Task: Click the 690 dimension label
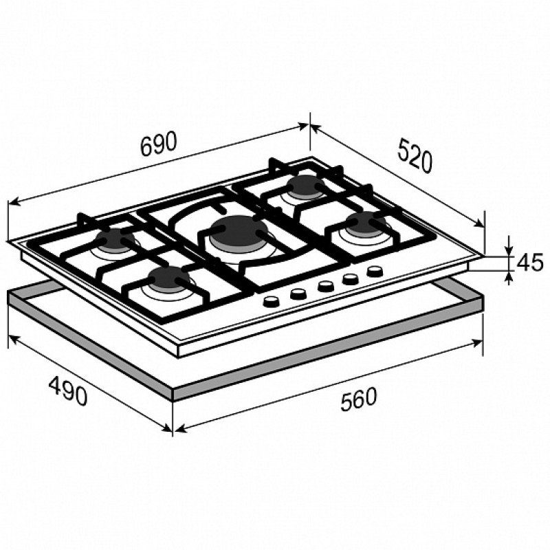158,144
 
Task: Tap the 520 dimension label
415,155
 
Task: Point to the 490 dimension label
68,390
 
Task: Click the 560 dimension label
358,399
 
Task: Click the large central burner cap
239,232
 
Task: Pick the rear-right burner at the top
305,186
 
